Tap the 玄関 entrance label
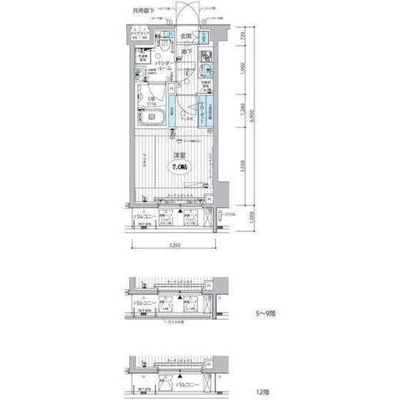185,36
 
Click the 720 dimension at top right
243,35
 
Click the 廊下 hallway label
186,52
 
